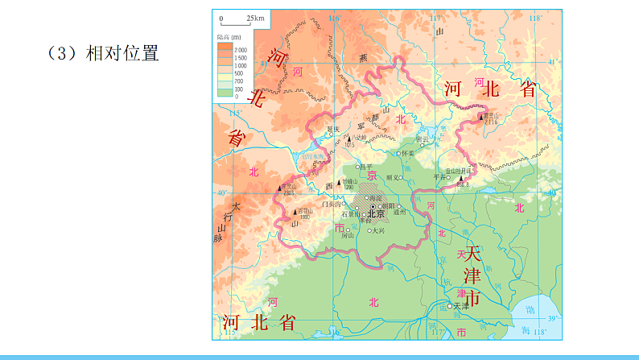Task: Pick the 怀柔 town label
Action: (x=407, y=153)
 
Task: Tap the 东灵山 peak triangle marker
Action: (x=279, y=188)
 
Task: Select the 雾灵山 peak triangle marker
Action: (x=482, y=118)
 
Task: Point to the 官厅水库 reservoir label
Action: (x=313, y=156)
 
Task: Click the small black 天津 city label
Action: (x=460, y=306)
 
